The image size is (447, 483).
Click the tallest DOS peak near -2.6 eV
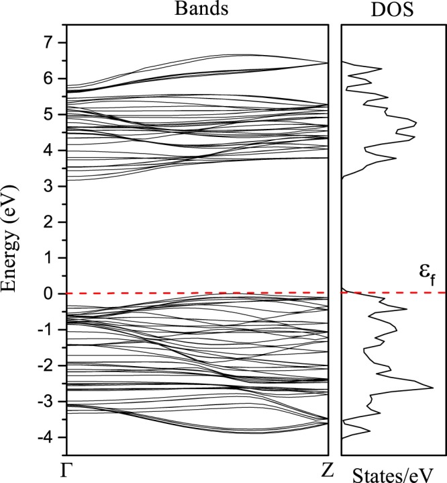(432, 388)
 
